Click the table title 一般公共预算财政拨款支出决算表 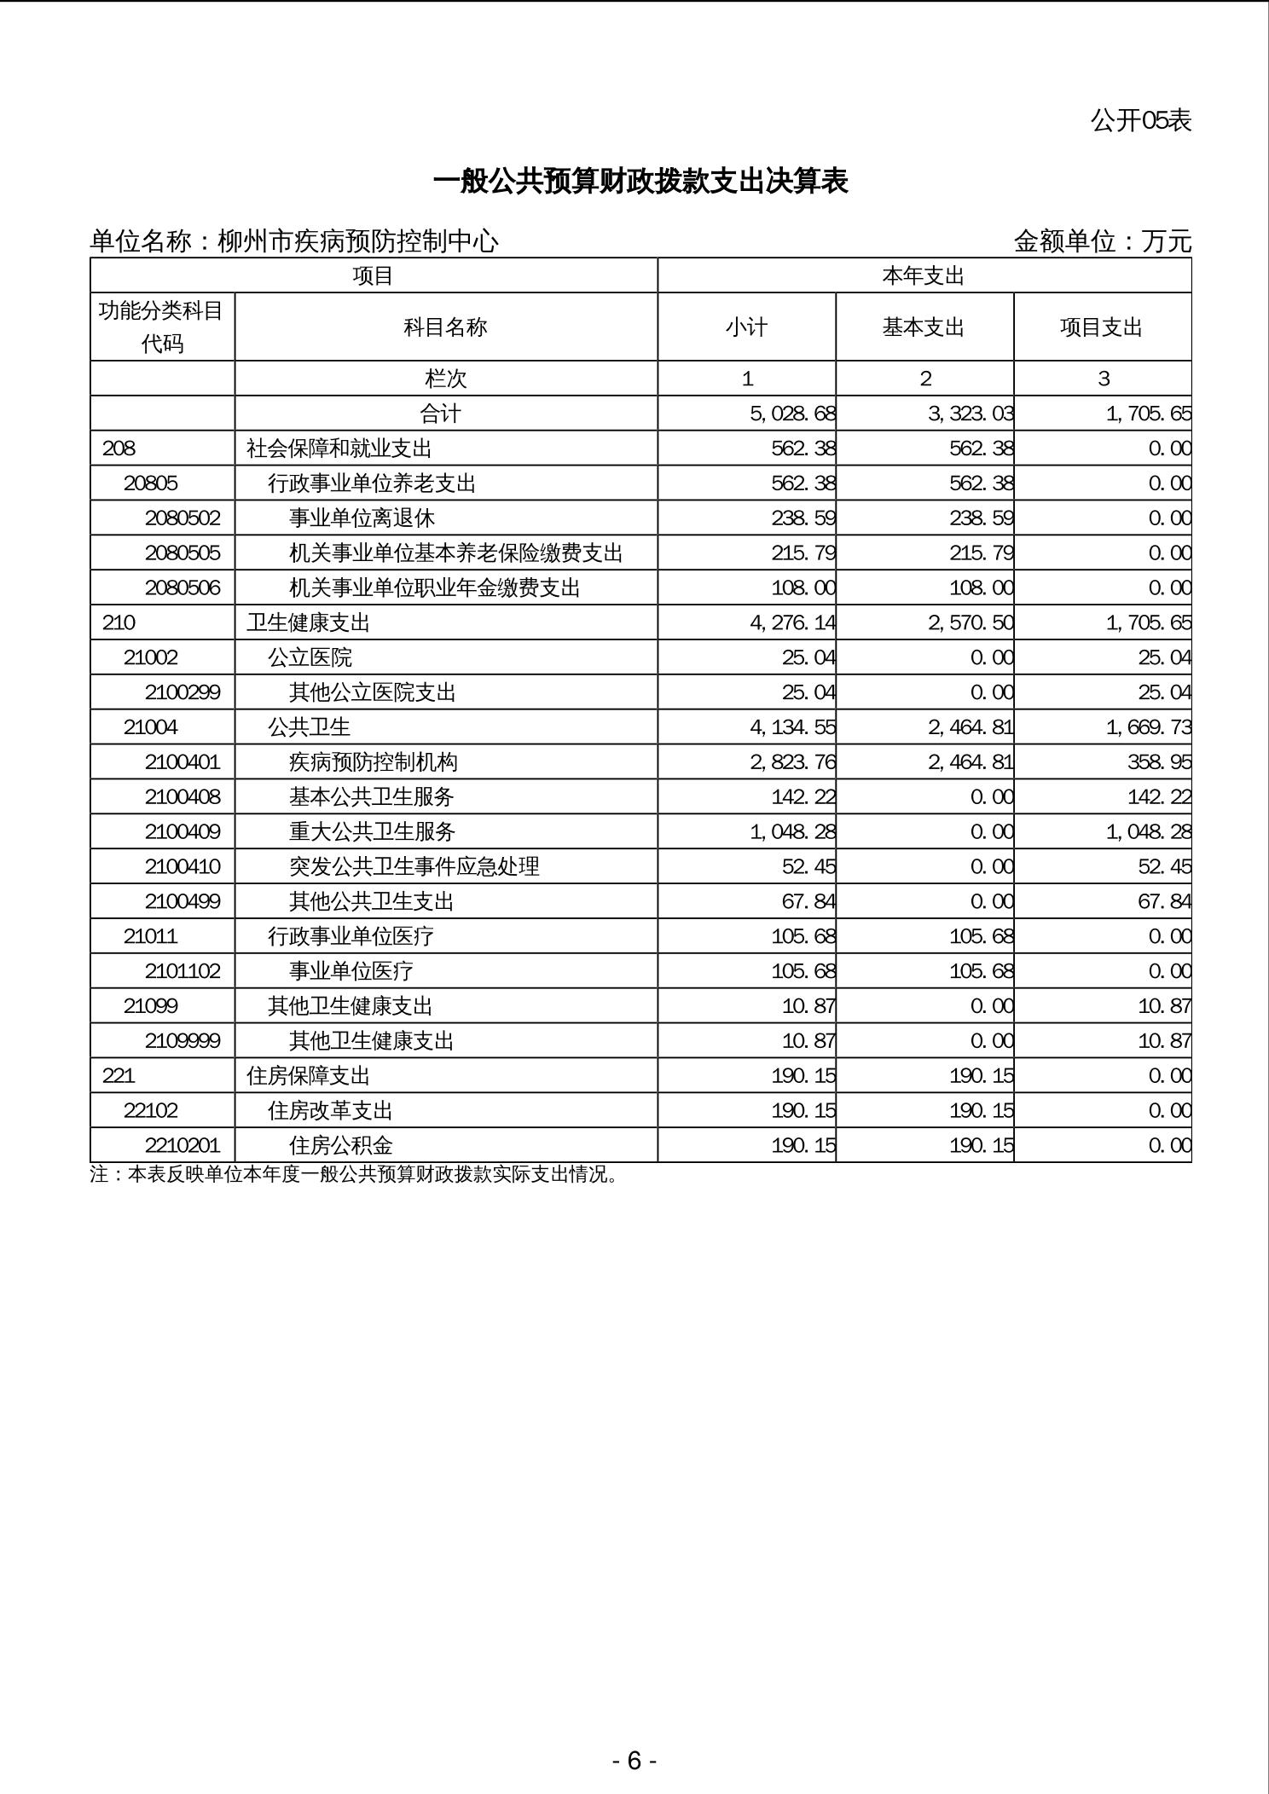640,182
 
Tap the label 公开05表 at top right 1140,120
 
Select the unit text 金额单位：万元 1102,241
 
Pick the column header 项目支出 1101,327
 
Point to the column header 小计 746,327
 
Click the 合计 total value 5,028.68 792,414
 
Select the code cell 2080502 183,518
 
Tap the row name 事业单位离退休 362,518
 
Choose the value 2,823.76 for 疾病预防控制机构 792,762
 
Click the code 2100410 183,867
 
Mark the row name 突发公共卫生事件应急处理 414,867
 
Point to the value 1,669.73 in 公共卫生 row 1148,727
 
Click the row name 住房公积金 341,1146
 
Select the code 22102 150,1111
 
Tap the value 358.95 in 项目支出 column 1159,762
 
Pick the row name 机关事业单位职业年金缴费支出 434,588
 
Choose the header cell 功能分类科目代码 162,327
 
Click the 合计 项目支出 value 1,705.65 1148,414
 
